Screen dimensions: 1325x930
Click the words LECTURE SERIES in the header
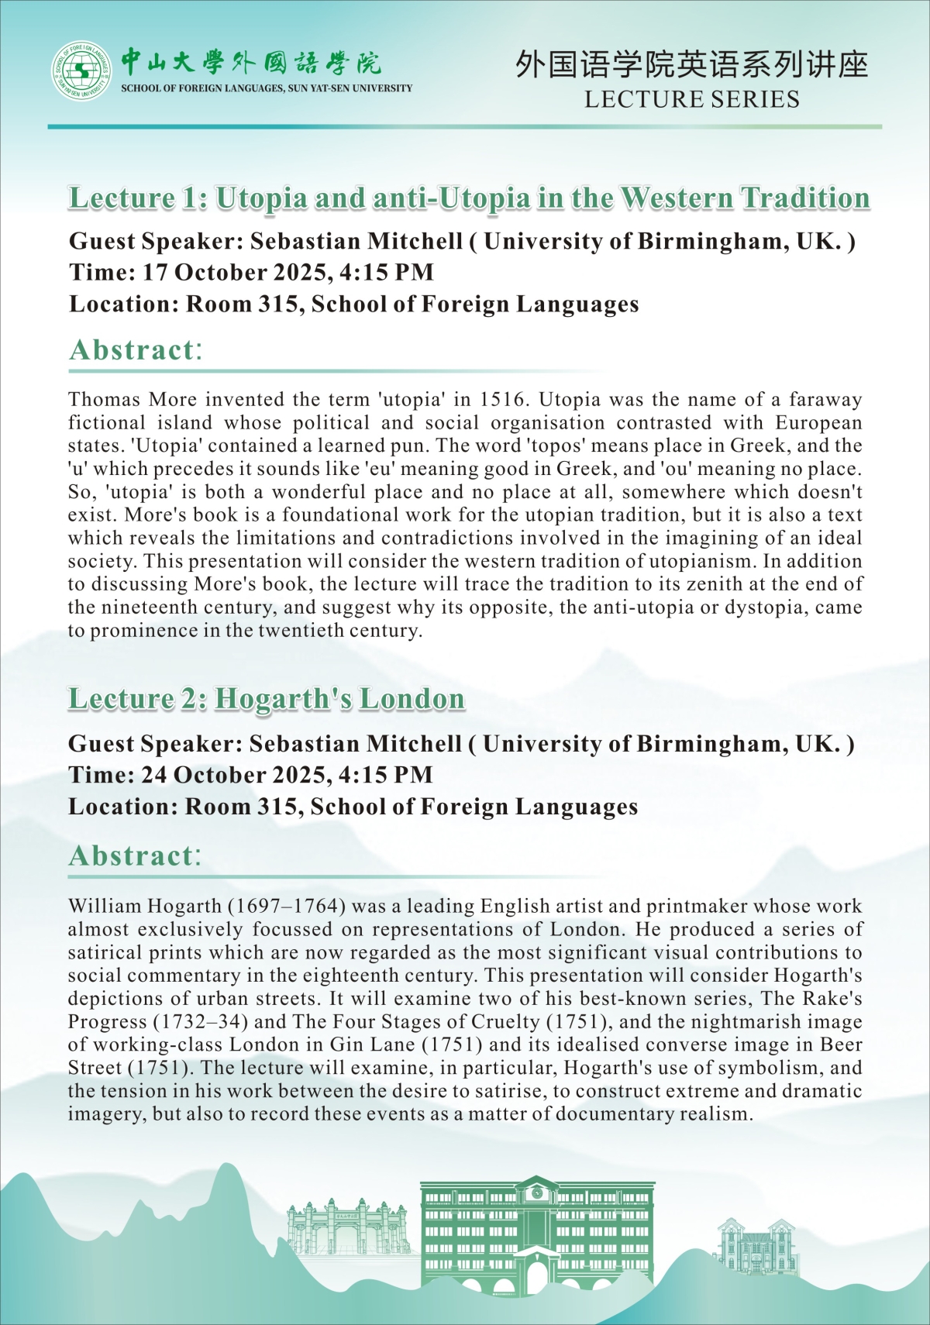[691, 99]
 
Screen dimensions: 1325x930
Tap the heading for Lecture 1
[469, 198]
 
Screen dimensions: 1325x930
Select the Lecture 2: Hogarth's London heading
[266, 699]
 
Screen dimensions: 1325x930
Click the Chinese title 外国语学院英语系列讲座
[691, 66]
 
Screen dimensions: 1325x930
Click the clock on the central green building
[536, 1193]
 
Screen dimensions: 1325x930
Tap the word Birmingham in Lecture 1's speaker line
[712, 242]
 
